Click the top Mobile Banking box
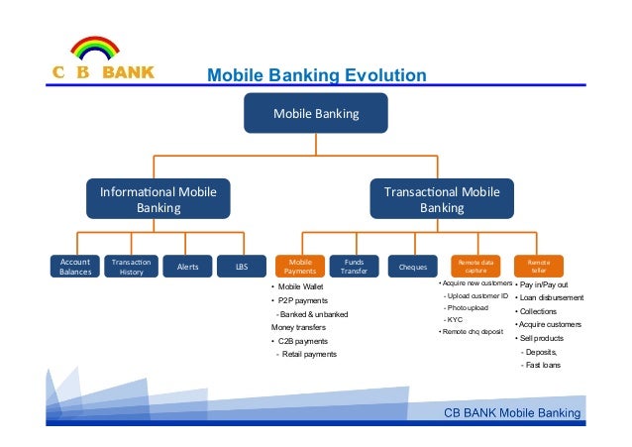click(x=316, y=114)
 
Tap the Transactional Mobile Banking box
click(x=442, y=199)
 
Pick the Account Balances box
click(x=75, y=267)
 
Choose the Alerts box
click(x=187, y=267)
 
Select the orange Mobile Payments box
click(x=300, y=267)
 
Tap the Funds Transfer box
click(x=354, y=267)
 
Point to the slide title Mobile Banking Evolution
click(x=316, y=76)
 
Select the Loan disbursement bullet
click(x=553, y=296)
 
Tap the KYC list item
click(x=455, y=320)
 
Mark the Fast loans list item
click(x=542, y=366)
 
